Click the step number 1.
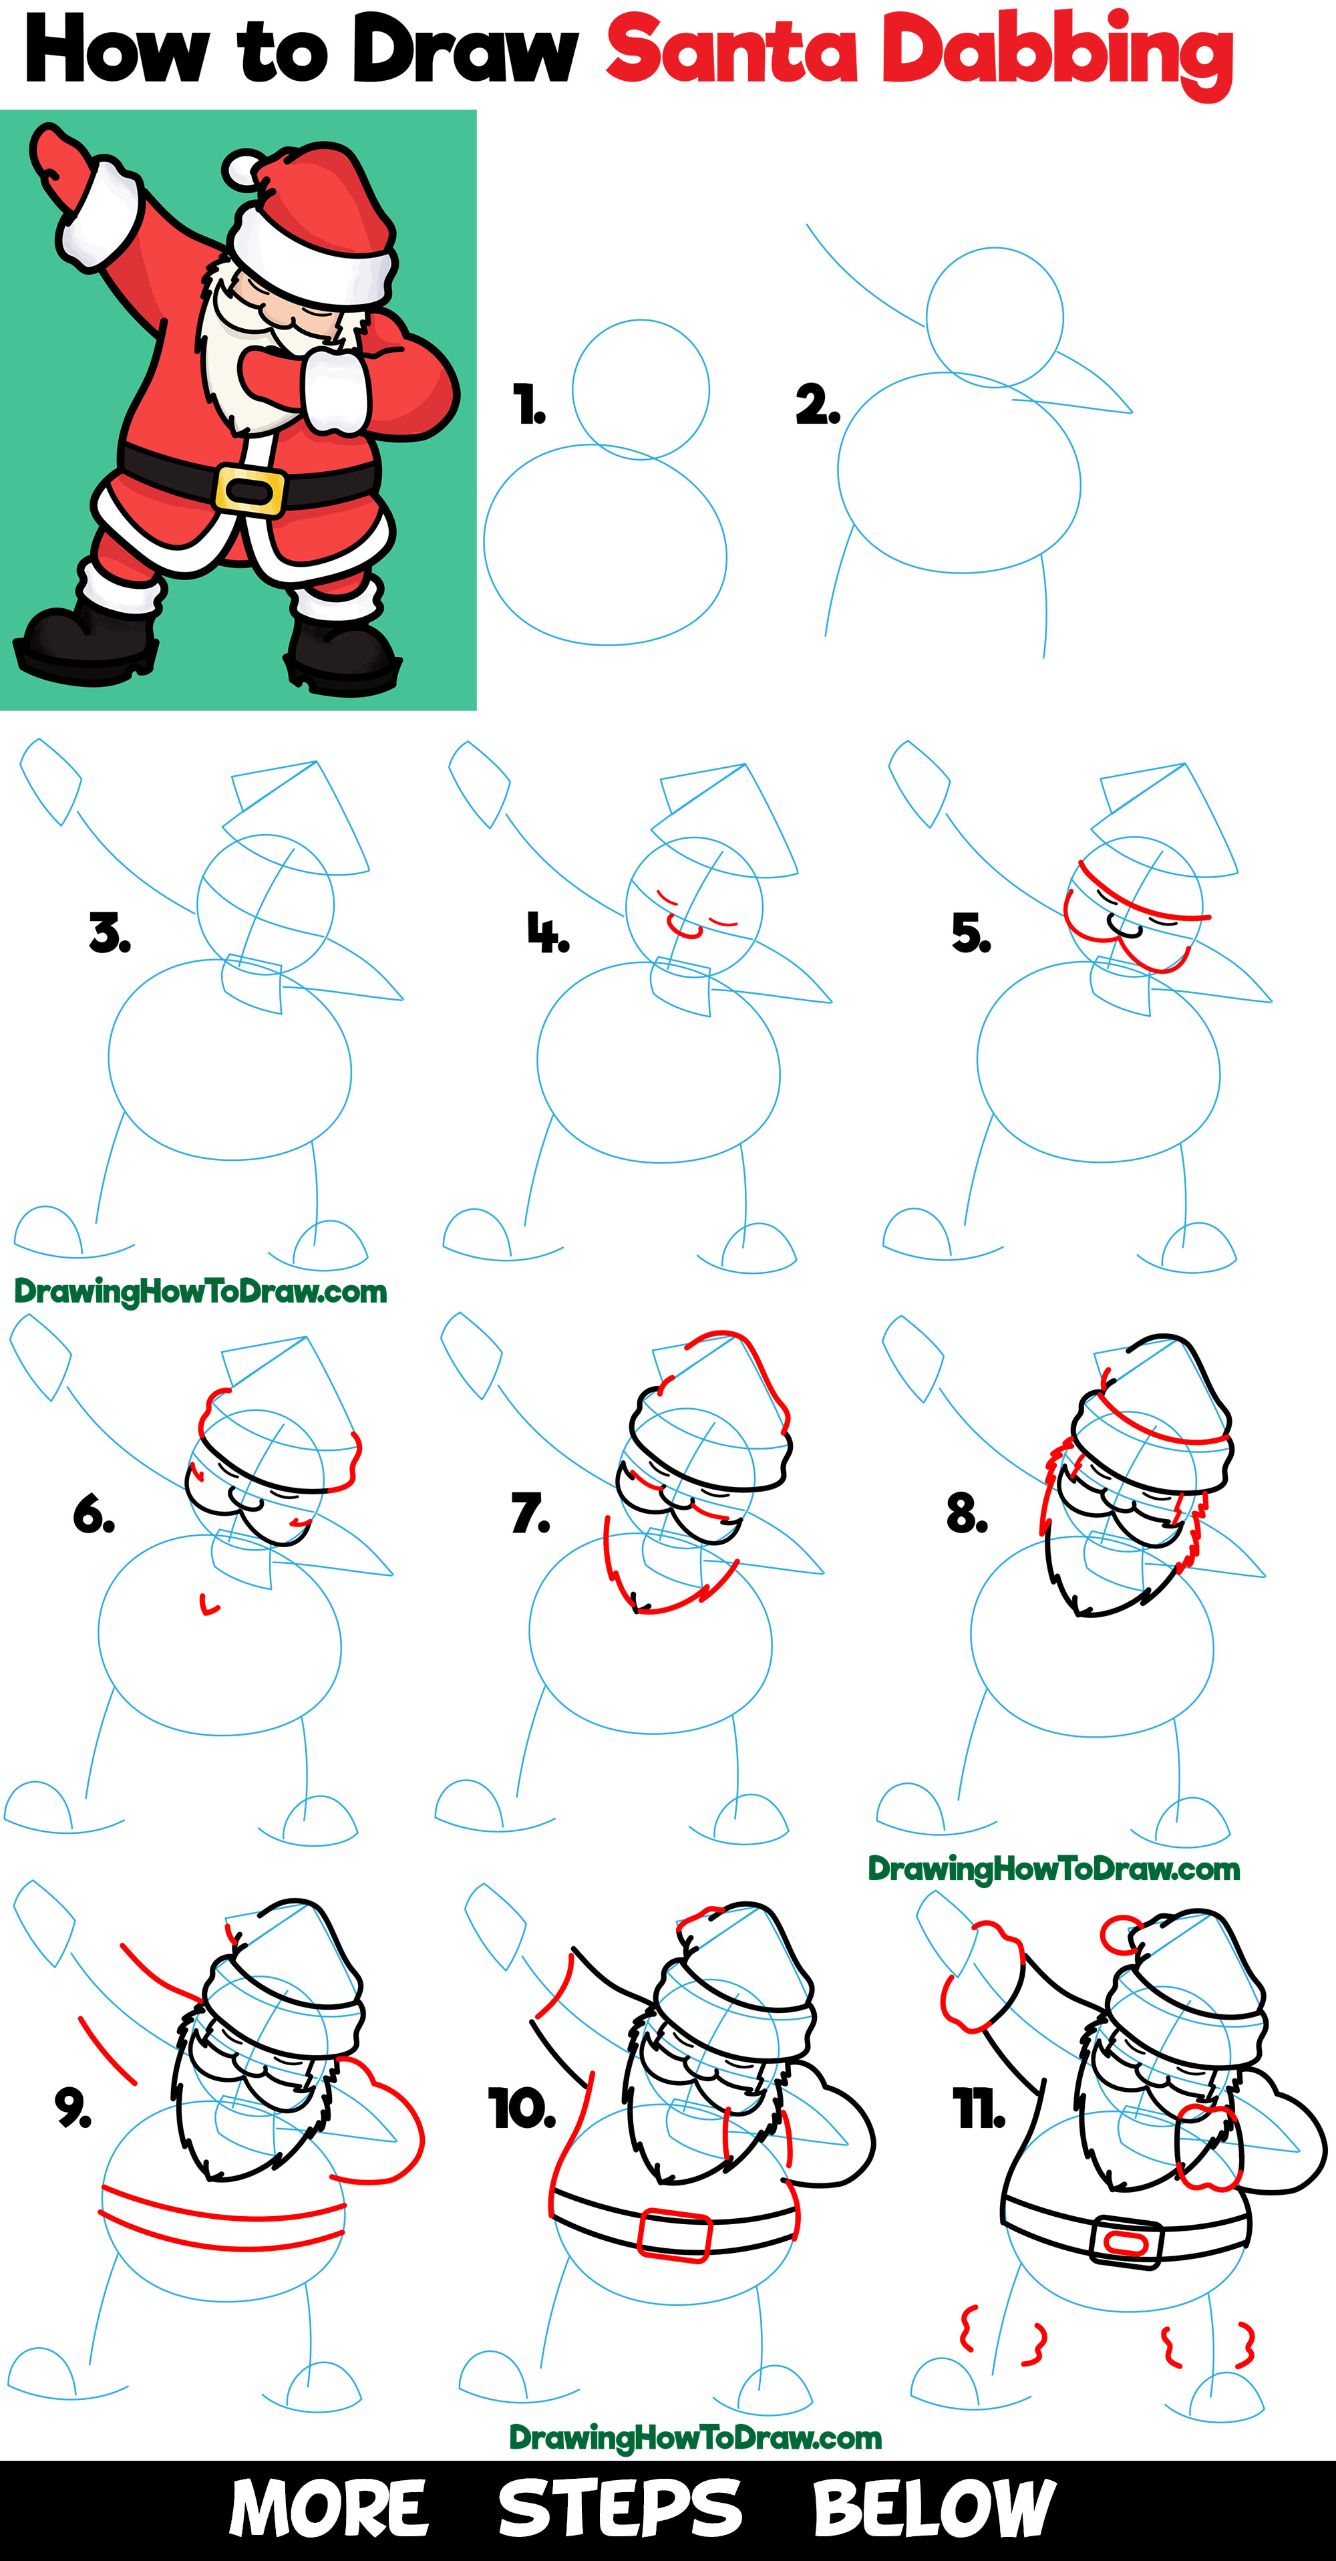click(x=529, y=404)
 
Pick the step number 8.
click(x=966, y=1513)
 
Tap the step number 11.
click(x=979, y=2109)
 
